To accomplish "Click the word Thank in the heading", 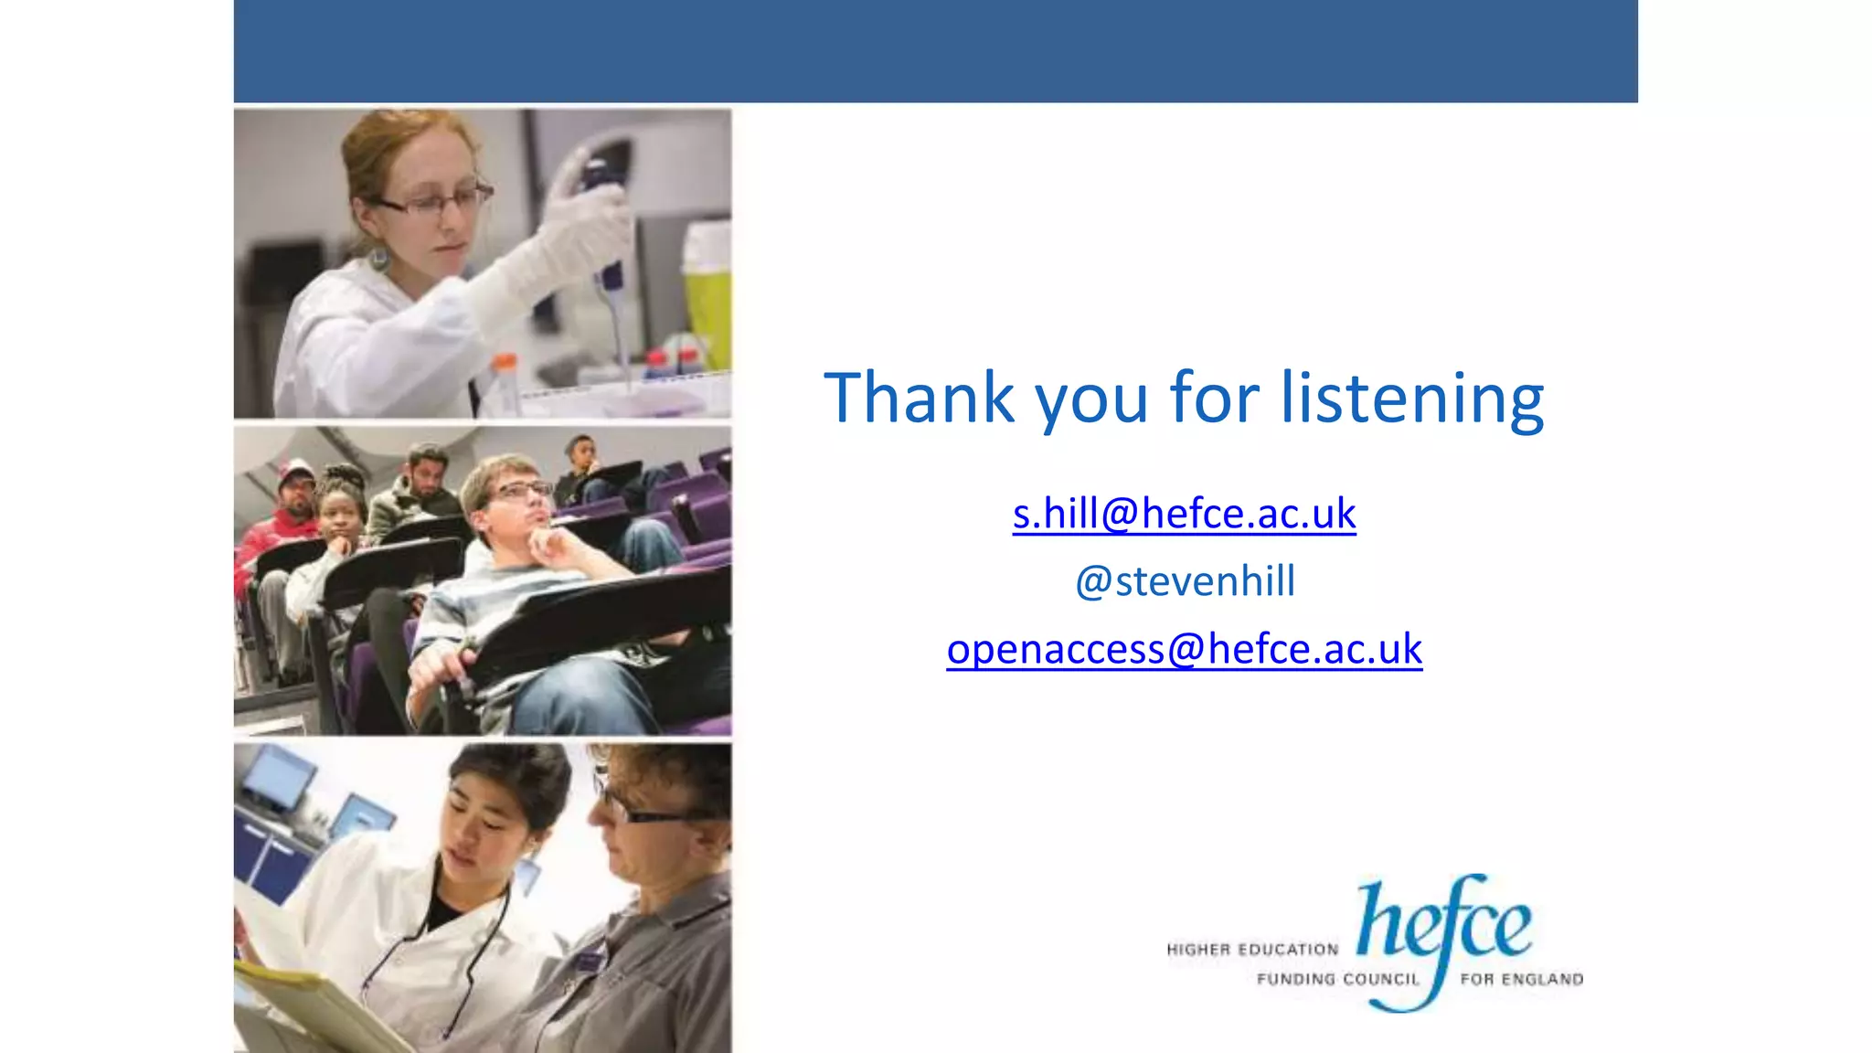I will pos(919,398).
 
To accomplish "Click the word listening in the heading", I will pos(1411,399).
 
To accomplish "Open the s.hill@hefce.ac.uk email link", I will pos(1184,514).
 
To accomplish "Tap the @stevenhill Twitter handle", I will pos(1185,581).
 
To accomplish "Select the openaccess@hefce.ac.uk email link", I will pos(1184,649).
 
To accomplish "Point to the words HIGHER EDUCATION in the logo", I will pos(1252,950).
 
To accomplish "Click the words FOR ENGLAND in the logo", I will pos(1521,979).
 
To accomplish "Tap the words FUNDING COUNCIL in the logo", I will pos(1337,979).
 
